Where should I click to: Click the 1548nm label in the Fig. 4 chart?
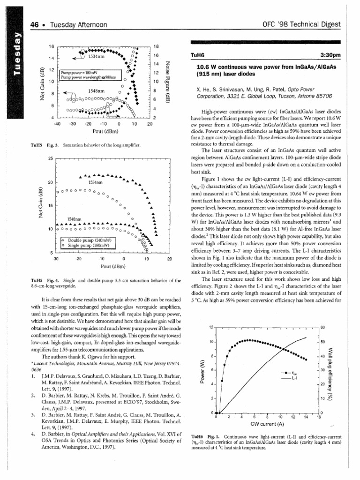75,219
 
